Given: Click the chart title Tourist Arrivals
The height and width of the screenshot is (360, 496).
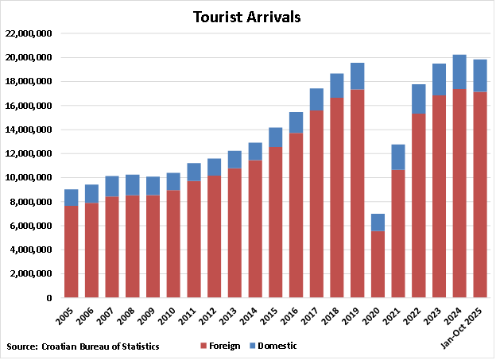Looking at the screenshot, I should pyautogui.click(x=246, y=17).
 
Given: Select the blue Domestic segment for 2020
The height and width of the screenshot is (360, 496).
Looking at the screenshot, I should pyautogui.click(x=378, y=223).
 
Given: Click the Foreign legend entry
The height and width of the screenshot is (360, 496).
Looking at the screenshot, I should pyautogui.click(x=221, y=346).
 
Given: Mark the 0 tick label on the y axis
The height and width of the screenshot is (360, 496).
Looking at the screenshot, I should pyautogui.click(x=48, y=297).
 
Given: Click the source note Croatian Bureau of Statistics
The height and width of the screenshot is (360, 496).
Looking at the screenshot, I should pyautogui.click(x=83, y=346).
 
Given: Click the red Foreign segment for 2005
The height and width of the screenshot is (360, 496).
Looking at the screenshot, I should pyautogui.click(x=71, y=252).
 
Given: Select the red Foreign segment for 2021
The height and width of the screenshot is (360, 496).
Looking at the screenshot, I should pyautogui.click(x=398, y=234).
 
